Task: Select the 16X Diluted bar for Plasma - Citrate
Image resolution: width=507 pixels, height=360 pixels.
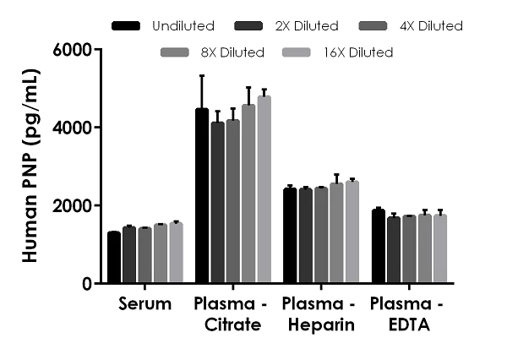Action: pyautogui.click(x=264, y=189)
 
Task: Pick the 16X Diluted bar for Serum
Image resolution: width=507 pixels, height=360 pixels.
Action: pyautogui.click(x=176, y=253)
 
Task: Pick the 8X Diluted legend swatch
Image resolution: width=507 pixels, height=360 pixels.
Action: pyautogui.click(x=174, y=52)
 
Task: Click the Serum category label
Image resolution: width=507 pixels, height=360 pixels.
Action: pyautogui.click(x=145, y=304)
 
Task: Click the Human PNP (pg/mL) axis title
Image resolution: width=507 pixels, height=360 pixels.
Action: pyautogui.click(x=30, y=167)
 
